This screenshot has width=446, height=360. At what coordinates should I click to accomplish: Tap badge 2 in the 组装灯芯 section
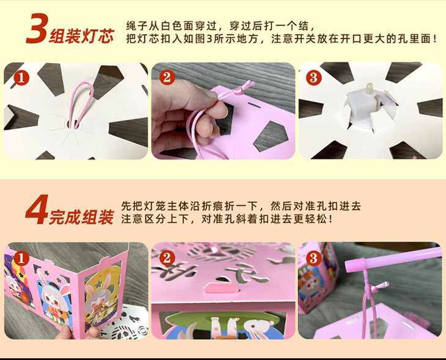(167, 78)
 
